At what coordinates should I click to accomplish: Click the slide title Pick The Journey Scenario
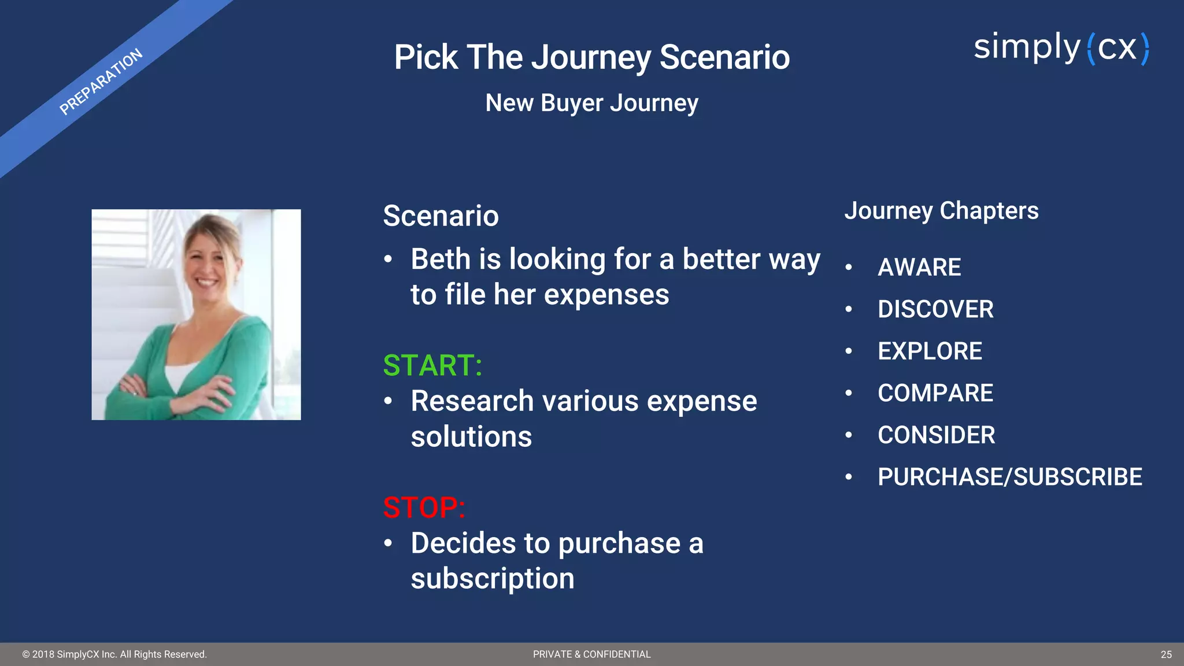(591, 57)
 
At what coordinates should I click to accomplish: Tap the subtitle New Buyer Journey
(591, 103)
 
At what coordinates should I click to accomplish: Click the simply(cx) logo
(1061, 48)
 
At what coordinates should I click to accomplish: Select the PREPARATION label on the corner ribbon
(101, 82)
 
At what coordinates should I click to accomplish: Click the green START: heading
(432, 365)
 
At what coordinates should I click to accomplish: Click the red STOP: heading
(424, 508)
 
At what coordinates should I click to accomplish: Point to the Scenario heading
(441, 216)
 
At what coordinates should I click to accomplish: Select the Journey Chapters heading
(941, 211)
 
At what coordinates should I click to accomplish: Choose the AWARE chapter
(919, 268)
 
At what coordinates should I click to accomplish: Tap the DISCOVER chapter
(935, 309)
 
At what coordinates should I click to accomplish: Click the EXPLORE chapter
(930, 351)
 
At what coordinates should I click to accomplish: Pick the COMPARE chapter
(935, 394)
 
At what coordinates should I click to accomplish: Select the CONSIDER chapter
(936, 435)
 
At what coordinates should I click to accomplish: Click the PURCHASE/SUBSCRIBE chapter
(1009, 478)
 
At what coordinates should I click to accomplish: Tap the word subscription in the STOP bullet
(493, 579)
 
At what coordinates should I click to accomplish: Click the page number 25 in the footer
(1165, 654)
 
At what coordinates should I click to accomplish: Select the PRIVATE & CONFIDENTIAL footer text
(591, 654)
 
